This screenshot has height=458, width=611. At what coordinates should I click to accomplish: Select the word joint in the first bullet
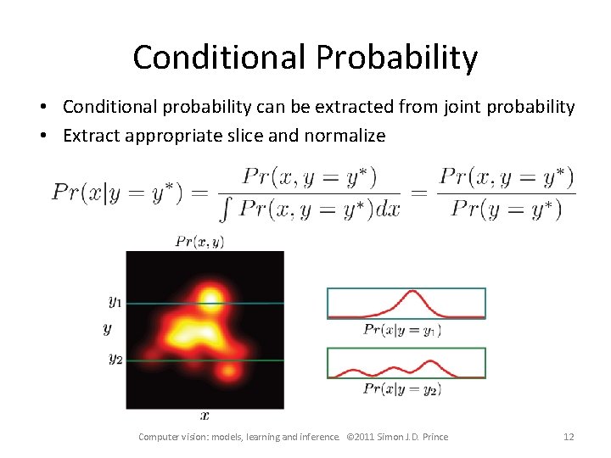[x=454, y=108]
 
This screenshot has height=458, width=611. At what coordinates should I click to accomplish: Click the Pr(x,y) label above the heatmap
[x=199, y=242]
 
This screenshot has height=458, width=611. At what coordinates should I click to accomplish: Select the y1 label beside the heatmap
[x=115, y=300]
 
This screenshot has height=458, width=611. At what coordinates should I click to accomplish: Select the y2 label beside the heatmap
[x=115, y=358]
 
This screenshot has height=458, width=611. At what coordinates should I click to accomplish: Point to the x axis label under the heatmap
[x=205, y=416]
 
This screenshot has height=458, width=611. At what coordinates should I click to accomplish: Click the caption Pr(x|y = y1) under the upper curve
[x=402, y=330]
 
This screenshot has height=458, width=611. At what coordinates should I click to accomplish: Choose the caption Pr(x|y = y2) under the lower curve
[x=402, y=388]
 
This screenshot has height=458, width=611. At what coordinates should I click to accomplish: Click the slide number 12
[x=569, y=437]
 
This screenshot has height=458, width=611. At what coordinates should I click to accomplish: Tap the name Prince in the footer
[x=432, y=437]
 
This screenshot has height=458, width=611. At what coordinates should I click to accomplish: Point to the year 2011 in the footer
[x=367, y=437]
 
